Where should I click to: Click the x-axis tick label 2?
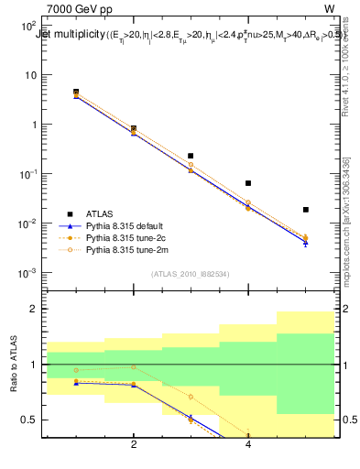134,444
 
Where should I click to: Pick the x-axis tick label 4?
248,444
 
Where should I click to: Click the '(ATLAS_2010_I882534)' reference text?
190,274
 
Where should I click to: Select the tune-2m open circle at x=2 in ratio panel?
134,367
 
